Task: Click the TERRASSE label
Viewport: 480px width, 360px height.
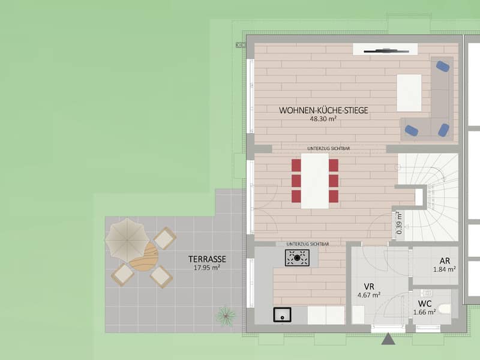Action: click(207, 259)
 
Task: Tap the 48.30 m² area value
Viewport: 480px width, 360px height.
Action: click(323, 119)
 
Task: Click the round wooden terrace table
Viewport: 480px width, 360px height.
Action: click(144, 257)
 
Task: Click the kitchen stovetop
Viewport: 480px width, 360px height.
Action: click(297, 258)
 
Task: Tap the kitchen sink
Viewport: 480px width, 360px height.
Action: click(282, 314)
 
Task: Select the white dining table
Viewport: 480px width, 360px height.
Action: click(315, 181)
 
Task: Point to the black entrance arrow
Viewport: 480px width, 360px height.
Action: click(388, 339)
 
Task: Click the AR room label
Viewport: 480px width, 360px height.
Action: click(445, 261)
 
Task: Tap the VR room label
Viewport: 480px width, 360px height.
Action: click(369, 287)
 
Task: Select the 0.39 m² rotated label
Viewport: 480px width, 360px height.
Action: click(399, 223)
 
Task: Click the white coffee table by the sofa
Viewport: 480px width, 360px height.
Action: click(409, 93)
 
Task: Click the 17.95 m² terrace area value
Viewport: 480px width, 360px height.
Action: click(207, 268)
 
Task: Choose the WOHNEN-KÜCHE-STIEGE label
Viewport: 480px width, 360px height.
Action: click(323, 110)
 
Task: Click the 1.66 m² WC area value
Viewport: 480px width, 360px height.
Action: click(425, 312)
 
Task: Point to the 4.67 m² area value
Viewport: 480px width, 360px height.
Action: click(369, 295)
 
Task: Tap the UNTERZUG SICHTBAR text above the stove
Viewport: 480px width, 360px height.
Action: click(308, 244)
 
